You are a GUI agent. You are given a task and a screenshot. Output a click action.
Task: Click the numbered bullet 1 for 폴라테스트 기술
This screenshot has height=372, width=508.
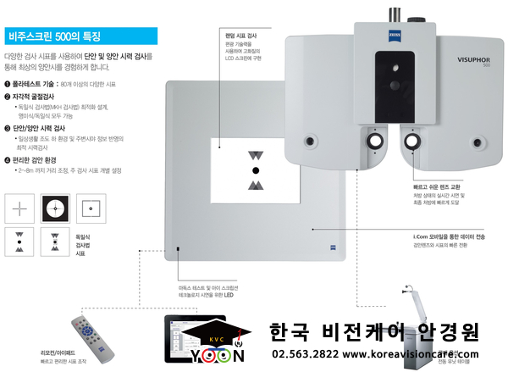coord(8,84)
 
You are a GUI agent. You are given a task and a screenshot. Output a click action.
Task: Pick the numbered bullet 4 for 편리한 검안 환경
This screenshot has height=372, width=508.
coord(8,159)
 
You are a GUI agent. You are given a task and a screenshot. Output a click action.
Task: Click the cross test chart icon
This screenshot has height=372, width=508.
coord(19,206)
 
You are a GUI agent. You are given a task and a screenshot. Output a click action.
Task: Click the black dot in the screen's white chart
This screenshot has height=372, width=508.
coord(256,170)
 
